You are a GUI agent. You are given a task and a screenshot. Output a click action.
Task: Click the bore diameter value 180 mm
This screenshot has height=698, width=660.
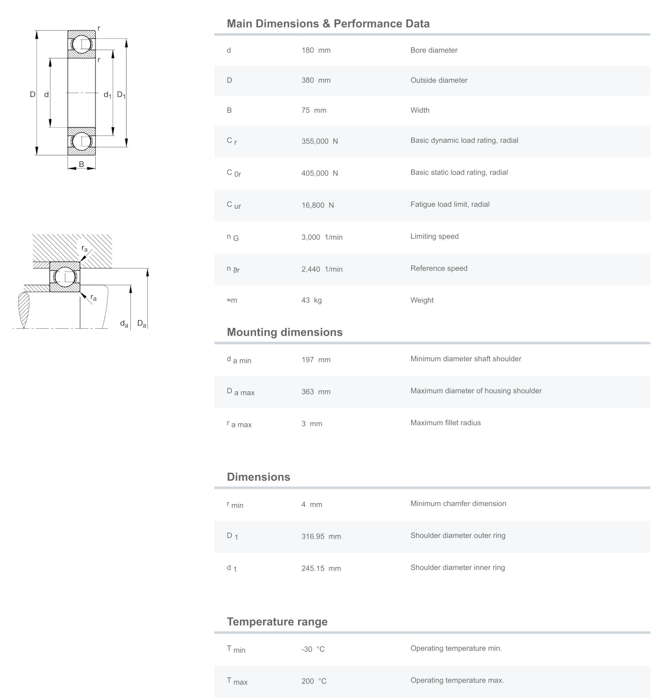coord(316,50)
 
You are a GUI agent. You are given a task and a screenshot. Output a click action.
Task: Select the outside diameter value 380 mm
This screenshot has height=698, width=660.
coord(316,80)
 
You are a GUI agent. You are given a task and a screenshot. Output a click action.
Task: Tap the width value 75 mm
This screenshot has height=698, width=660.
coord(314,110)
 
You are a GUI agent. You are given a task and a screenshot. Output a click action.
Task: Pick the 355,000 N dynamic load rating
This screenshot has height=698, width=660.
coord(319,141)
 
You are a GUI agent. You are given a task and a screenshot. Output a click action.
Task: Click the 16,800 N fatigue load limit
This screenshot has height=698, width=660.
coord(318,205)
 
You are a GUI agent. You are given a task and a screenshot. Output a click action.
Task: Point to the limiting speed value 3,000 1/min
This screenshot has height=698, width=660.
coord(322,237)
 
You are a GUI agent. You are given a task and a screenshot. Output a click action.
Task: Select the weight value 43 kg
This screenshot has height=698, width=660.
coord(311,300)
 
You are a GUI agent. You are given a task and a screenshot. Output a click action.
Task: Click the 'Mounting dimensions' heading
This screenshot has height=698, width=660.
coord(284,332)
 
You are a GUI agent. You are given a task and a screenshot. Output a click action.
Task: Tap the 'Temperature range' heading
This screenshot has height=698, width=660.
coord(277,622)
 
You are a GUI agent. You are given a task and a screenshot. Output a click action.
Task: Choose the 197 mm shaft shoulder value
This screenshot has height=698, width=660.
coord(316,360)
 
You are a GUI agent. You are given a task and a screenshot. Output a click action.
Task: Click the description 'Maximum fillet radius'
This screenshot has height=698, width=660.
coord(445,423)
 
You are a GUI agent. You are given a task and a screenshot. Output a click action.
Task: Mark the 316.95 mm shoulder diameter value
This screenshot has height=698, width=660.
coord(321,536)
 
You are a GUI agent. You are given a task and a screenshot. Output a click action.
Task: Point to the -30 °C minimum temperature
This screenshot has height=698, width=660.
coord(313,649)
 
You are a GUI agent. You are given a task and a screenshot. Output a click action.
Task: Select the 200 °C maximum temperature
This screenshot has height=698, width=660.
coord(314,681)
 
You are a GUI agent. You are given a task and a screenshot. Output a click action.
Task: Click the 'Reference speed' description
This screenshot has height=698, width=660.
coord(439,268)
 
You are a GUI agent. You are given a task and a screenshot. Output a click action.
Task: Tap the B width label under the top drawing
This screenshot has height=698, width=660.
coord(82,164)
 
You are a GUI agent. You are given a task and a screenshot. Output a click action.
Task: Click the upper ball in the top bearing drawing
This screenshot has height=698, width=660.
coord(82,44)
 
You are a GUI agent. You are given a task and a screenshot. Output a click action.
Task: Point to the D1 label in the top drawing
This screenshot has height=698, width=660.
coord(121,95)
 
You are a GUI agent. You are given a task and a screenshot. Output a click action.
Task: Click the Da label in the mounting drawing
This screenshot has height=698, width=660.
coord(141,323)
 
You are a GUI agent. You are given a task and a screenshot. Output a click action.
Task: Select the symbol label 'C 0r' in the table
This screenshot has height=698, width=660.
coord(234,173)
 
